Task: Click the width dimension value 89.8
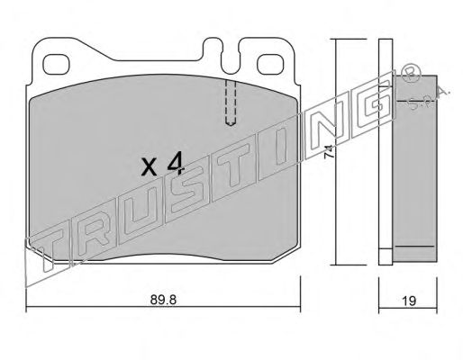pyautogui.click(x=163, y=300)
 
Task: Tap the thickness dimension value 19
pyautogui.click(x=409, y=301)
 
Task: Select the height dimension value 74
pyautogui.click(x=329, y=152)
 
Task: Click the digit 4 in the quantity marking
pyautogui.click(x=175, y=163)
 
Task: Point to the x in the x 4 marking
pyautogui.click(x=150, y=167)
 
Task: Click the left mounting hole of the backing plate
pyautogui.click(x=56, y=65)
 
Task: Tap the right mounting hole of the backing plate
pyautogui.click(x=270, y=65)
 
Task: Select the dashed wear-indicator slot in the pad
pyautogui.click(x=231, y=103)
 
